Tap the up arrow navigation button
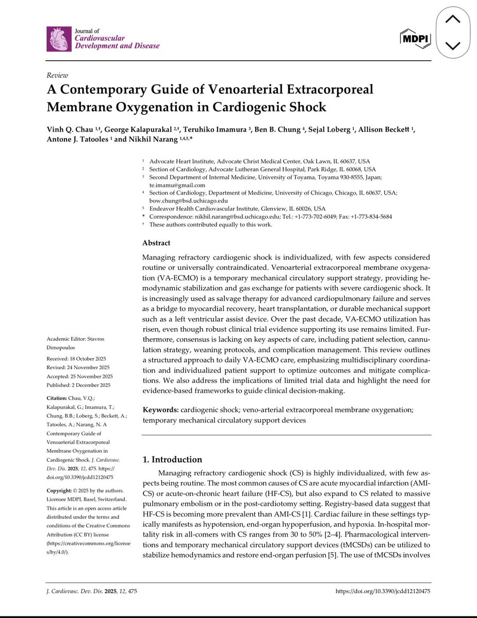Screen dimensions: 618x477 point(452,20)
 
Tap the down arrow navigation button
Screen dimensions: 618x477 point(452,45)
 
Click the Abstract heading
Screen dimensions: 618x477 point(156,243)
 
